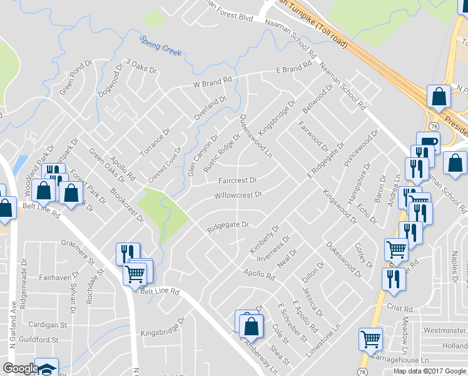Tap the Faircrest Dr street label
(238, 180)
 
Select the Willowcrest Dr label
(238, 195)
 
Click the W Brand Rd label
(213, 82)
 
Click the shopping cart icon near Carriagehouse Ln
(370, 339)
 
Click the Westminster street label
(445, 330)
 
